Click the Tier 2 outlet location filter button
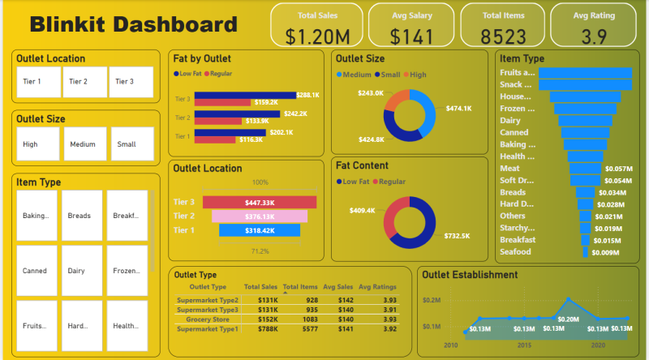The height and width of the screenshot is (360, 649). (85, 82)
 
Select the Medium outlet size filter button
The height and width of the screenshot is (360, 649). (85, 144)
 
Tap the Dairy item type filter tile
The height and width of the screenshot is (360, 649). (82, 271)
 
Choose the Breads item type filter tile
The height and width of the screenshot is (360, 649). (82, 216)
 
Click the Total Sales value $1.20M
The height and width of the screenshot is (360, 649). (317, 36)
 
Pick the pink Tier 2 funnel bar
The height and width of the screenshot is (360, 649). (260, 216)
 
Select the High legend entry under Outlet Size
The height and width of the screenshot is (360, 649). (416, 75)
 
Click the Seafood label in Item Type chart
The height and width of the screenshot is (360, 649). (516, 252)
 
